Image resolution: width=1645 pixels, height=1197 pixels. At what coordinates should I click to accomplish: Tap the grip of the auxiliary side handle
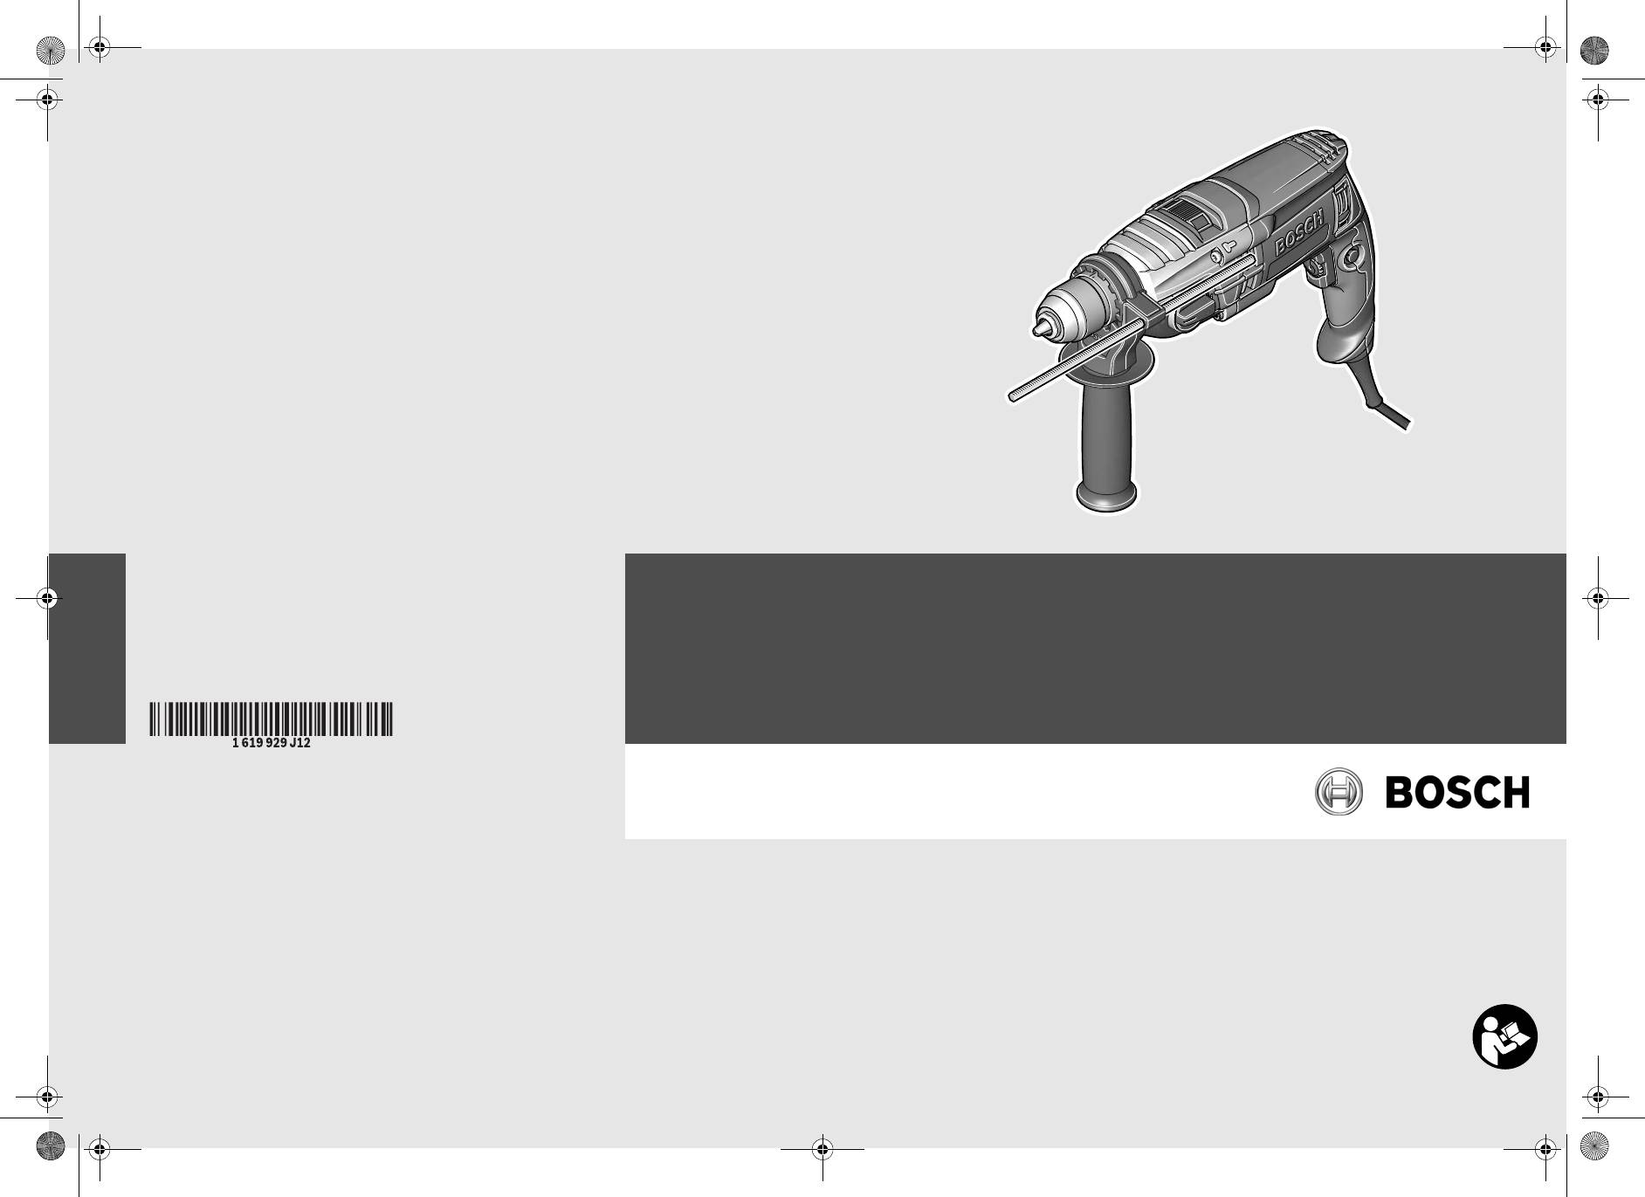click(1105, 436)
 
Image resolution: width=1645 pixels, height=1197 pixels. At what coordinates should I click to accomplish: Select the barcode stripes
click(271, 718)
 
